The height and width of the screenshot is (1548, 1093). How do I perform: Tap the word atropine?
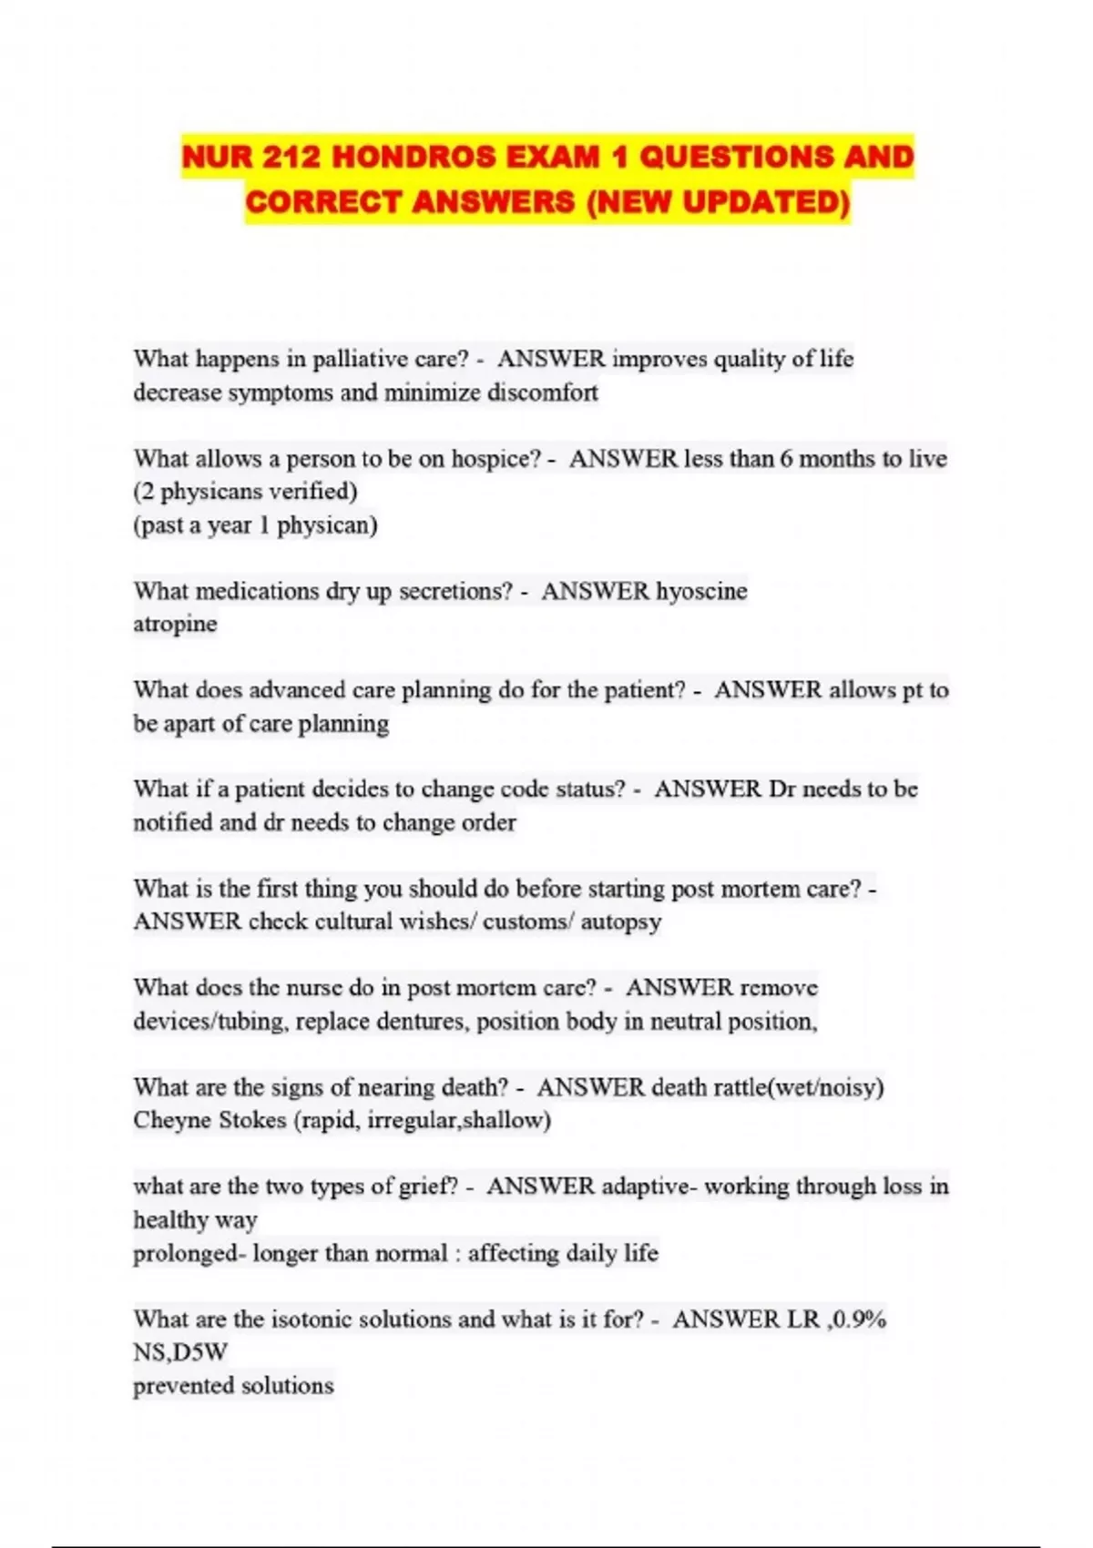pos(175,624)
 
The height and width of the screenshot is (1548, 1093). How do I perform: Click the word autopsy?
pos(621,922)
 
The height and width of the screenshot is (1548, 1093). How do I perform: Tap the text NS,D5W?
pos(180,1352)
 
